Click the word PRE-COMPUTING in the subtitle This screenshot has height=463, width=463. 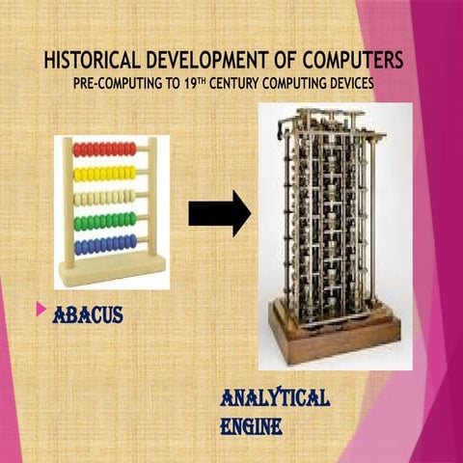coord(114,84)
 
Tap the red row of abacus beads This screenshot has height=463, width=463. coord(105,150)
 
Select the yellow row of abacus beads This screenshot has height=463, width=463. coord(105,174)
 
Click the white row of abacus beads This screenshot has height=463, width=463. coord(105,198)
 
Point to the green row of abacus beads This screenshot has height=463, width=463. coord(105,221)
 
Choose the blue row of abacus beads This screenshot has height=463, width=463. coord(105,245)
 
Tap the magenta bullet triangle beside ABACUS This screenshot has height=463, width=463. coord(41,310)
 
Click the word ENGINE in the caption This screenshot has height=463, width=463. coord(251,424)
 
